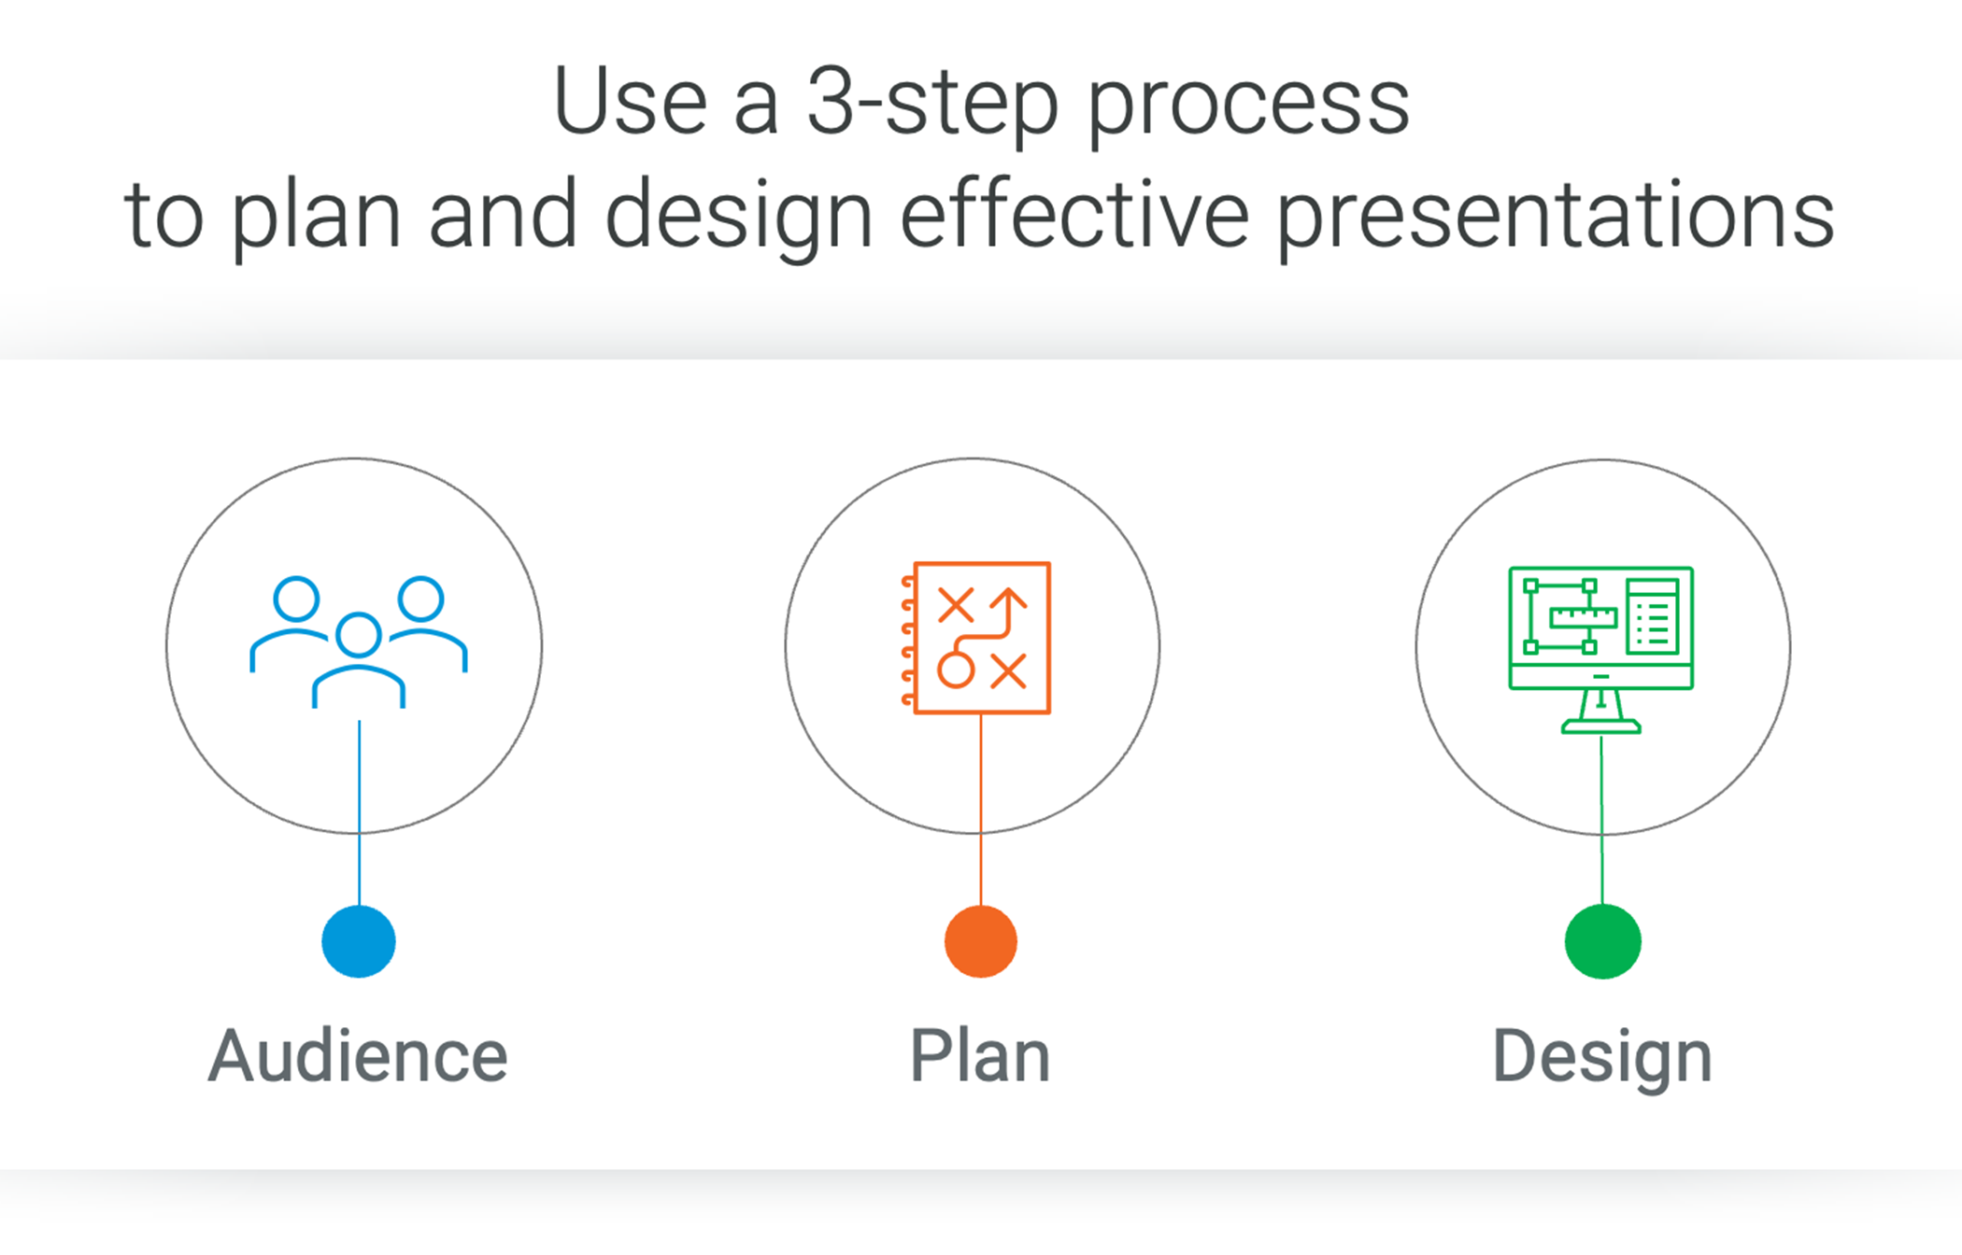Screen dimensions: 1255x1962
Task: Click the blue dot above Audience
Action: (359, 941)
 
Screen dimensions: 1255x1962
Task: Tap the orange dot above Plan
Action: (981, 941)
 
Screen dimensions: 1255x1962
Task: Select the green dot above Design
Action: (1603, 941)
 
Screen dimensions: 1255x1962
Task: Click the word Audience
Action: (358, 1056)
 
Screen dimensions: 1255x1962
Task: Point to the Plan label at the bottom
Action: (980, 1056)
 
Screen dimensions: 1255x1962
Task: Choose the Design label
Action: (1602, 1056)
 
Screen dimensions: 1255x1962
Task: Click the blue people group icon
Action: (359, 641)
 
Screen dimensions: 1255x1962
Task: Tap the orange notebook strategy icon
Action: (978, 639)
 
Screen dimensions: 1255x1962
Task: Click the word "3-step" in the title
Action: (932, 103)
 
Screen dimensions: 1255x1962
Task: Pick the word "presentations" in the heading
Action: (1556, 217)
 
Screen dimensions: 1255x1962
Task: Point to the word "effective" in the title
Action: (1074, 217)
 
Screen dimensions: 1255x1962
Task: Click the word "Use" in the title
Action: (631, 103)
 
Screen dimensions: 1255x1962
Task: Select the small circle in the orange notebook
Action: (956, 670)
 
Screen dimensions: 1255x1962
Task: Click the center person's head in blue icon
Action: (359, 635)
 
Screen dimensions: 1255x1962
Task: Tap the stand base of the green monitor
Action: (1601, 726)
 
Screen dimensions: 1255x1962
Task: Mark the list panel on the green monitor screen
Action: (1653, 616)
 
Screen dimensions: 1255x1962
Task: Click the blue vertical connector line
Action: (360, 812)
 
